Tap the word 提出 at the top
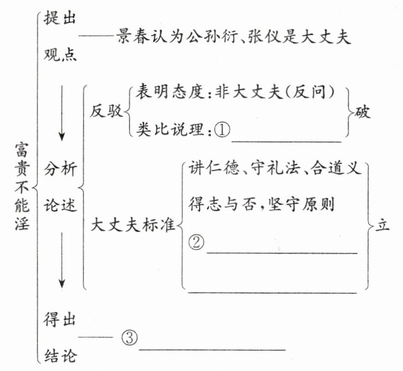coord(60,18)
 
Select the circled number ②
coord(196,243)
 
